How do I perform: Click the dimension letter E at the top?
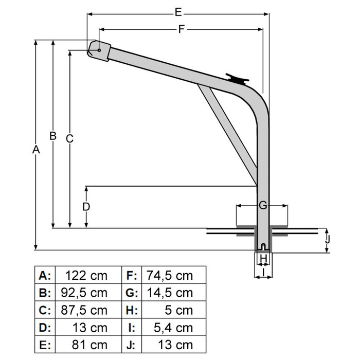click(178, 11)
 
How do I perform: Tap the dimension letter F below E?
click(181, 29)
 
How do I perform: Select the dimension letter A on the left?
click(35, 150)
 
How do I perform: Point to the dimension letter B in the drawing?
click(52, 136)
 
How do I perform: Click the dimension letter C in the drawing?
click(70, 138)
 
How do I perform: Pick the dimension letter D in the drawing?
click(86, 207)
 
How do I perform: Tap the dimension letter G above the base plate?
click(262, 206)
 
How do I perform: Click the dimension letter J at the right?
click(328, 239)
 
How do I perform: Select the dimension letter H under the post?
click(263, 258)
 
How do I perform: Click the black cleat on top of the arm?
click(238, 79)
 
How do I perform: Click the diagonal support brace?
click(228, 135)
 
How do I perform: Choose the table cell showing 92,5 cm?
click(87, 293)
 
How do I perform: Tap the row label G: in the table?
click(131, 293)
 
